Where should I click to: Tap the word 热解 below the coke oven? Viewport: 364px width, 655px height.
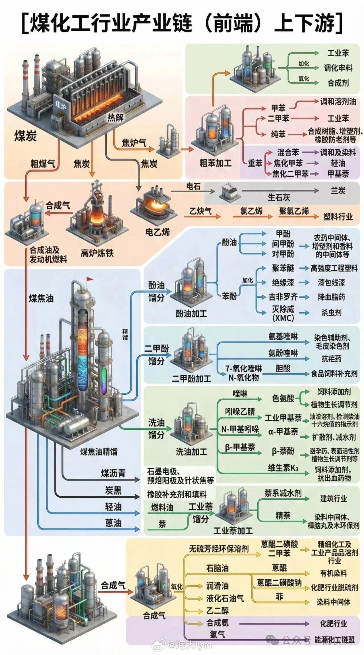(115, 117)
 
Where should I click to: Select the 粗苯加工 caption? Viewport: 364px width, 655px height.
(216, 163)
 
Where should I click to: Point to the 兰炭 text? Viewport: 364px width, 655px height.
(338, 190)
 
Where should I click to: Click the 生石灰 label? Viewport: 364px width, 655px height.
(279, 197)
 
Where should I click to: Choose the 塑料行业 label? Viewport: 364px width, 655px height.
(338, 217)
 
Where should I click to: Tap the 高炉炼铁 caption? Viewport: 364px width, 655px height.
(97, 253)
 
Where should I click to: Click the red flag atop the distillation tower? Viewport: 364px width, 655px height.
(90, 279)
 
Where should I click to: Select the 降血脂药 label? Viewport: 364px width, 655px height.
(332, 297)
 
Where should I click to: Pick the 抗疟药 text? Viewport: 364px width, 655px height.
(332, 359)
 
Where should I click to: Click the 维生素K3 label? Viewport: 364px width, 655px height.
(283, 468)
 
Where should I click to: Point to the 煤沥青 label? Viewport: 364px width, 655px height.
(113, 473)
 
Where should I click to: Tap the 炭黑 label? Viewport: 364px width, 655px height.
(113, 490)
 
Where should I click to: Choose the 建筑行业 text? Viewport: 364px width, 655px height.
(334, 499)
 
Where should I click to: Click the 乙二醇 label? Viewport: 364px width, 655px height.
(217, 610)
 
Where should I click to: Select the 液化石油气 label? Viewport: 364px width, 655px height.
(225, 598)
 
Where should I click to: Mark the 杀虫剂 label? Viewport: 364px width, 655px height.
(332, 313)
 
